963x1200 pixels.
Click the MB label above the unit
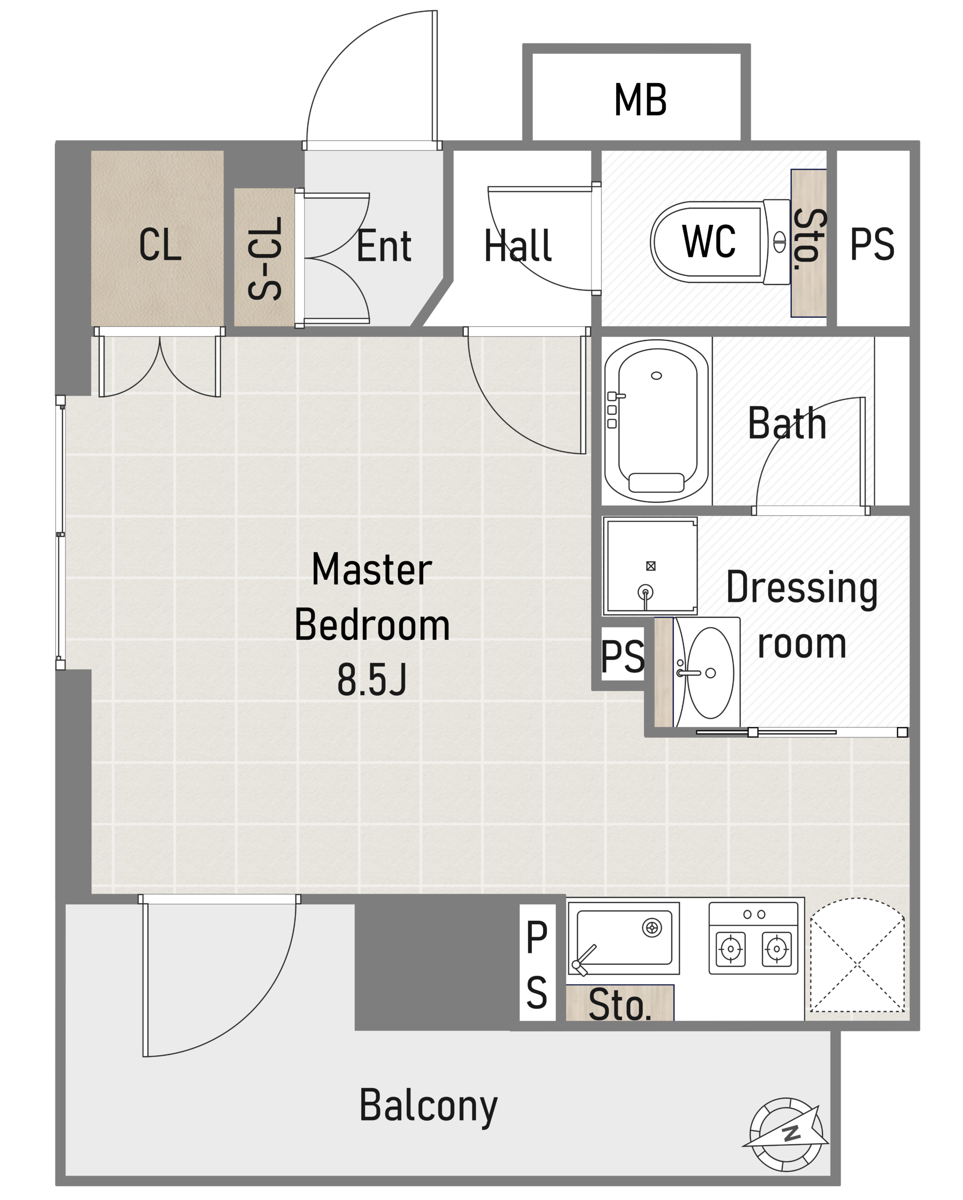click(640, 100)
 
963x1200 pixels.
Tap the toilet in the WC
click(720, 242)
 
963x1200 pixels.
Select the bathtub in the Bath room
click(657, 421)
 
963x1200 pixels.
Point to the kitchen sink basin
click(624, 938)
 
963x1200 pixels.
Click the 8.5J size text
click(372, 680)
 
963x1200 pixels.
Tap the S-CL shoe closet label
click(265, 258)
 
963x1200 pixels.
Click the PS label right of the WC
click(872, 244)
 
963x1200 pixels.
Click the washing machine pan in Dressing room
click(650, 566)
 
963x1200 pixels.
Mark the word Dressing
click(802, 588)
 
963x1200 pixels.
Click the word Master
click(372, 570)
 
